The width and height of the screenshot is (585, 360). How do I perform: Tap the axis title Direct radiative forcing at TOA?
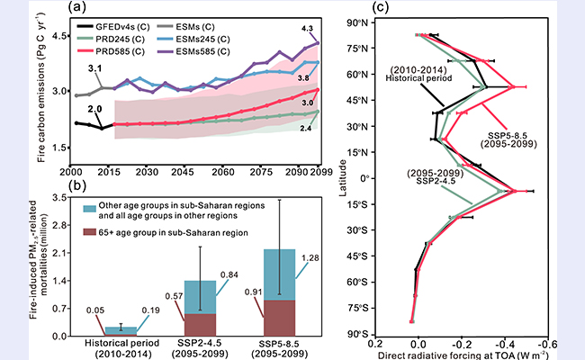pos(465,355)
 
